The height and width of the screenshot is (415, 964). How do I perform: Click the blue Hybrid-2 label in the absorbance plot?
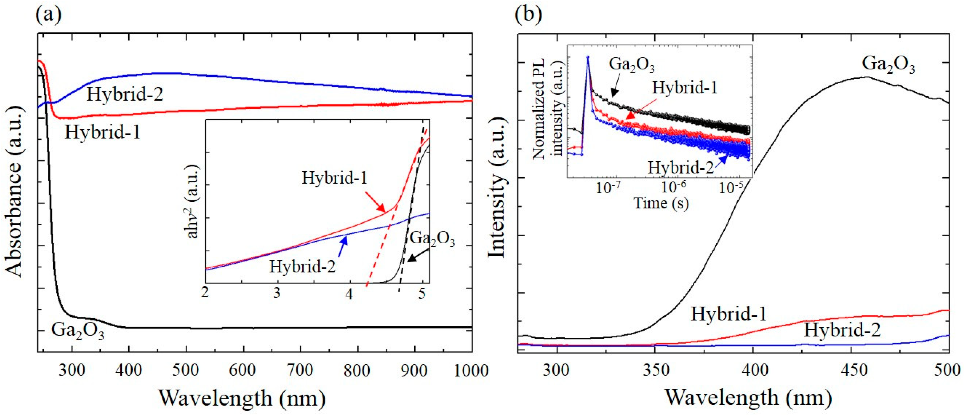point(125,94)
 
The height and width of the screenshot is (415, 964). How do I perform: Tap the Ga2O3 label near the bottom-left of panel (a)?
point(77,330)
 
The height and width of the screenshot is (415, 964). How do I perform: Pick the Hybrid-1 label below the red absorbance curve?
point(103,132)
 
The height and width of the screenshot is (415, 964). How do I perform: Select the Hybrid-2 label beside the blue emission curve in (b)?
point(842,330)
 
